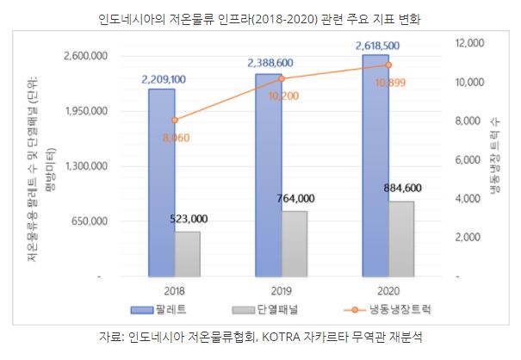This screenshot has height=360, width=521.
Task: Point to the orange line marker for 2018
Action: point(174,120)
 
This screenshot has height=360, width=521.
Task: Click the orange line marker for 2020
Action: point(388,65)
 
